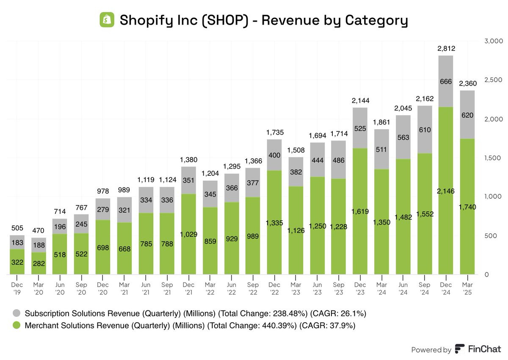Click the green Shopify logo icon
tap(107, 20)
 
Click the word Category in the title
tap(376, 20)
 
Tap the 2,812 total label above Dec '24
tap(446, 48)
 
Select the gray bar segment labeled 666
tap(446, 81)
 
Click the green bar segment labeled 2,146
tap(446, 191)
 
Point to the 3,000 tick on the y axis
tap(494, 41)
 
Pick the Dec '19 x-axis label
tap(17, 288)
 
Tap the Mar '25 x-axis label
tap(467, 288)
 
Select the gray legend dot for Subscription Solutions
tap(17, 313)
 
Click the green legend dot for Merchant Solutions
tap(17, 325)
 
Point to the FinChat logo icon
tap(459, 349)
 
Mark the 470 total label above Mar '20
tap(38, 230)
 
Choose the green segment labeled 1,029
tap(188, 234)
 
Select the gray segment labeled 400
tap(274, 155)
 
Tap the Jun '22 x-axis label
tap(231, 288)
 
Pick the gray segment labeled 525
tap(360, 128)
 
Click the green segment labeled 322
tap(17, 262)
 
